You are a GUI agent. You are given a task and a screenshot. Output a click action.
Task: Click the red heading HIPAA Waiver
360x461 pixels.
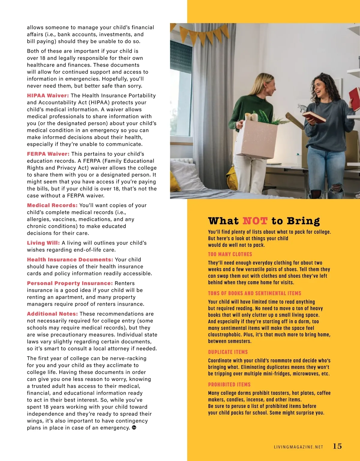click(48, 96)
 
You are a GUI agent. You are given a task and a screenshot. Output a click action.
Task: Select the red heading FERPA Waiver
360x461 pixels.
click(48, 154)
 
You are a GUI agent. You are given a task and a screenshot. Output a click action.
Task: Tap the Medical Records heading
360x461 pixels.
click(52, 205)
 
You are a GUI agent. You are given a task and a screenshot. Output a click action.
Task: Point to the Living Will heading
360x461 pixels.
click(43, 243)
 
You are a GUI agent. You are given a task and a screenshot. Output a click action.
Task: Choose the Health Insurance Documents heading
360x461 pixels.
click(70, 260)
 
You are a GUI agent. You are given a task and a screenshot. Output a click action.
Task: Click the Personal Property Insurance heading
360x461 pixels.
click(70, 283)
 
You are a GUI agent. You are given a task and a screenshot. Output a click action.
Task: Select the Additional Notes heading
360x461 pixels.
click(52, 314)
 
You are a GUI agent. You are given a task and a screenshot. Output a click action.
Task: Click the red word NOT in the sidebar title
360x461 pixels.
click(255, 221)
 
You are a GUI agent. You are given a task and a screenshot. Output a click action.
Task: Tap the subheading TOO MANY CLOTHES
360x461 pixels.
click(230, 254)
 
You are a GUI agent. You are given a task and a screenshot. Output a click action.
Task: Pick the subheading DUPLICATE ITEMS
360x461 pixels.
click(228, 352)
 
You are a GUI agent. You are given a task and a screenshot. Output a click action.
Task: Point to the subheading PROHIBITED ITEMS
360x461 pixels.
click(229, 384)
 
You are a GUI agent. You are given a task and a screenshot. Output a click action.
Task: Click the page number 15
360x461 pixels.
click(337, 446)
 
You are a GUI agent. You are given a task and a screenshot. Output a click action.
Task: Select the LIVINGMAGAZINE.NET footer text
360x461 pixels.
click(298, 447)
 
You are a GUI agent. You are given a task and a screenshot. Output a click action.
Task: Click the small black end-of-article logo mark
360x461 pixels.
click(134, 427)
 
